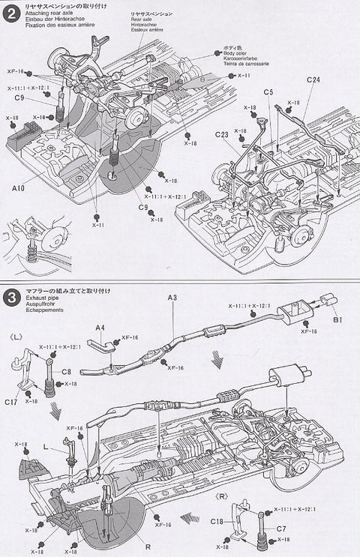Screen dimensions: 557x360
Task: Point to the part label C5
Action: pyautogui.click(x=268, y=93)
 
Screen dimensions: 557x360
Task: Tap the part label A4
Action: pyautogui.click(x=100, y=328)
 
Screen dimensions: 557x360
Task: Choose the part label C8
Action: pyautogui.click(x=66, y=371)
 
